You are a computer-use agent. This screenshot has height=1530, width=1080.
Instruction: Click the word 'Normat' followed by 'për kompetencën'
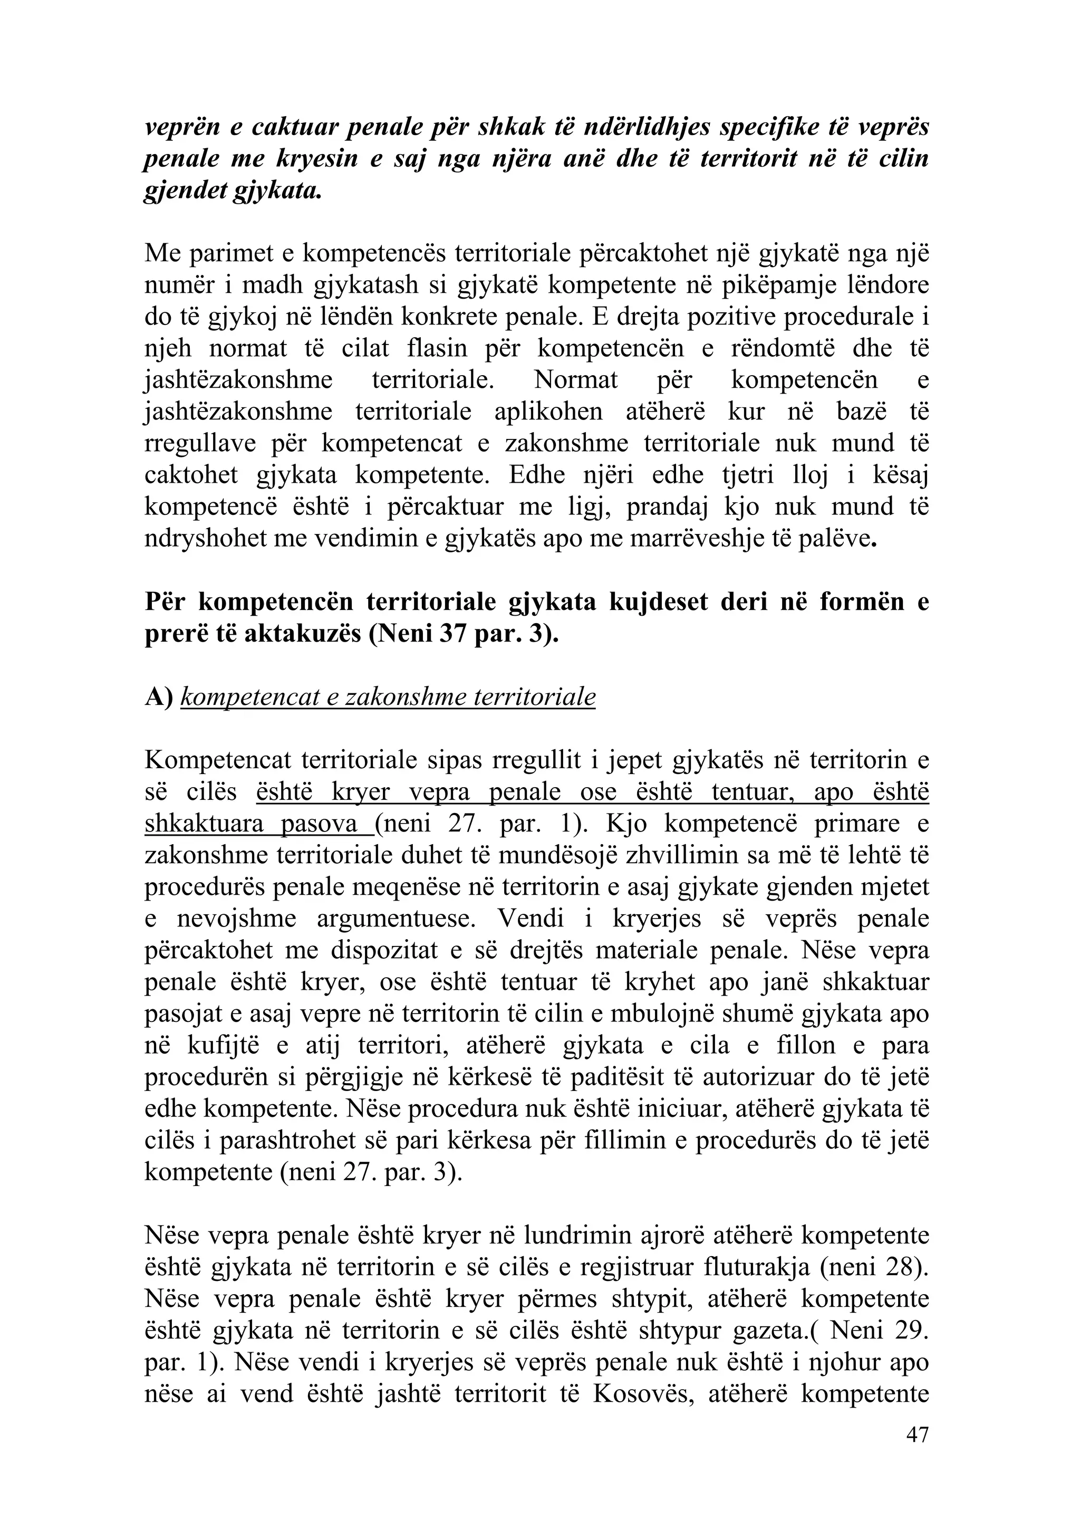pos(576,380)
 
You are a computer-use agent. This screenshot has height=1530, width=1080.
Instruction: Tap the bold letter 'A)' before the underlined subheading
pos(159,697)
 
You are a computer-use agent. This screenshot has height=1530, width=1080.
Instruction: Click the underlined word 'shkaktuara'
pos(203,825)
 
